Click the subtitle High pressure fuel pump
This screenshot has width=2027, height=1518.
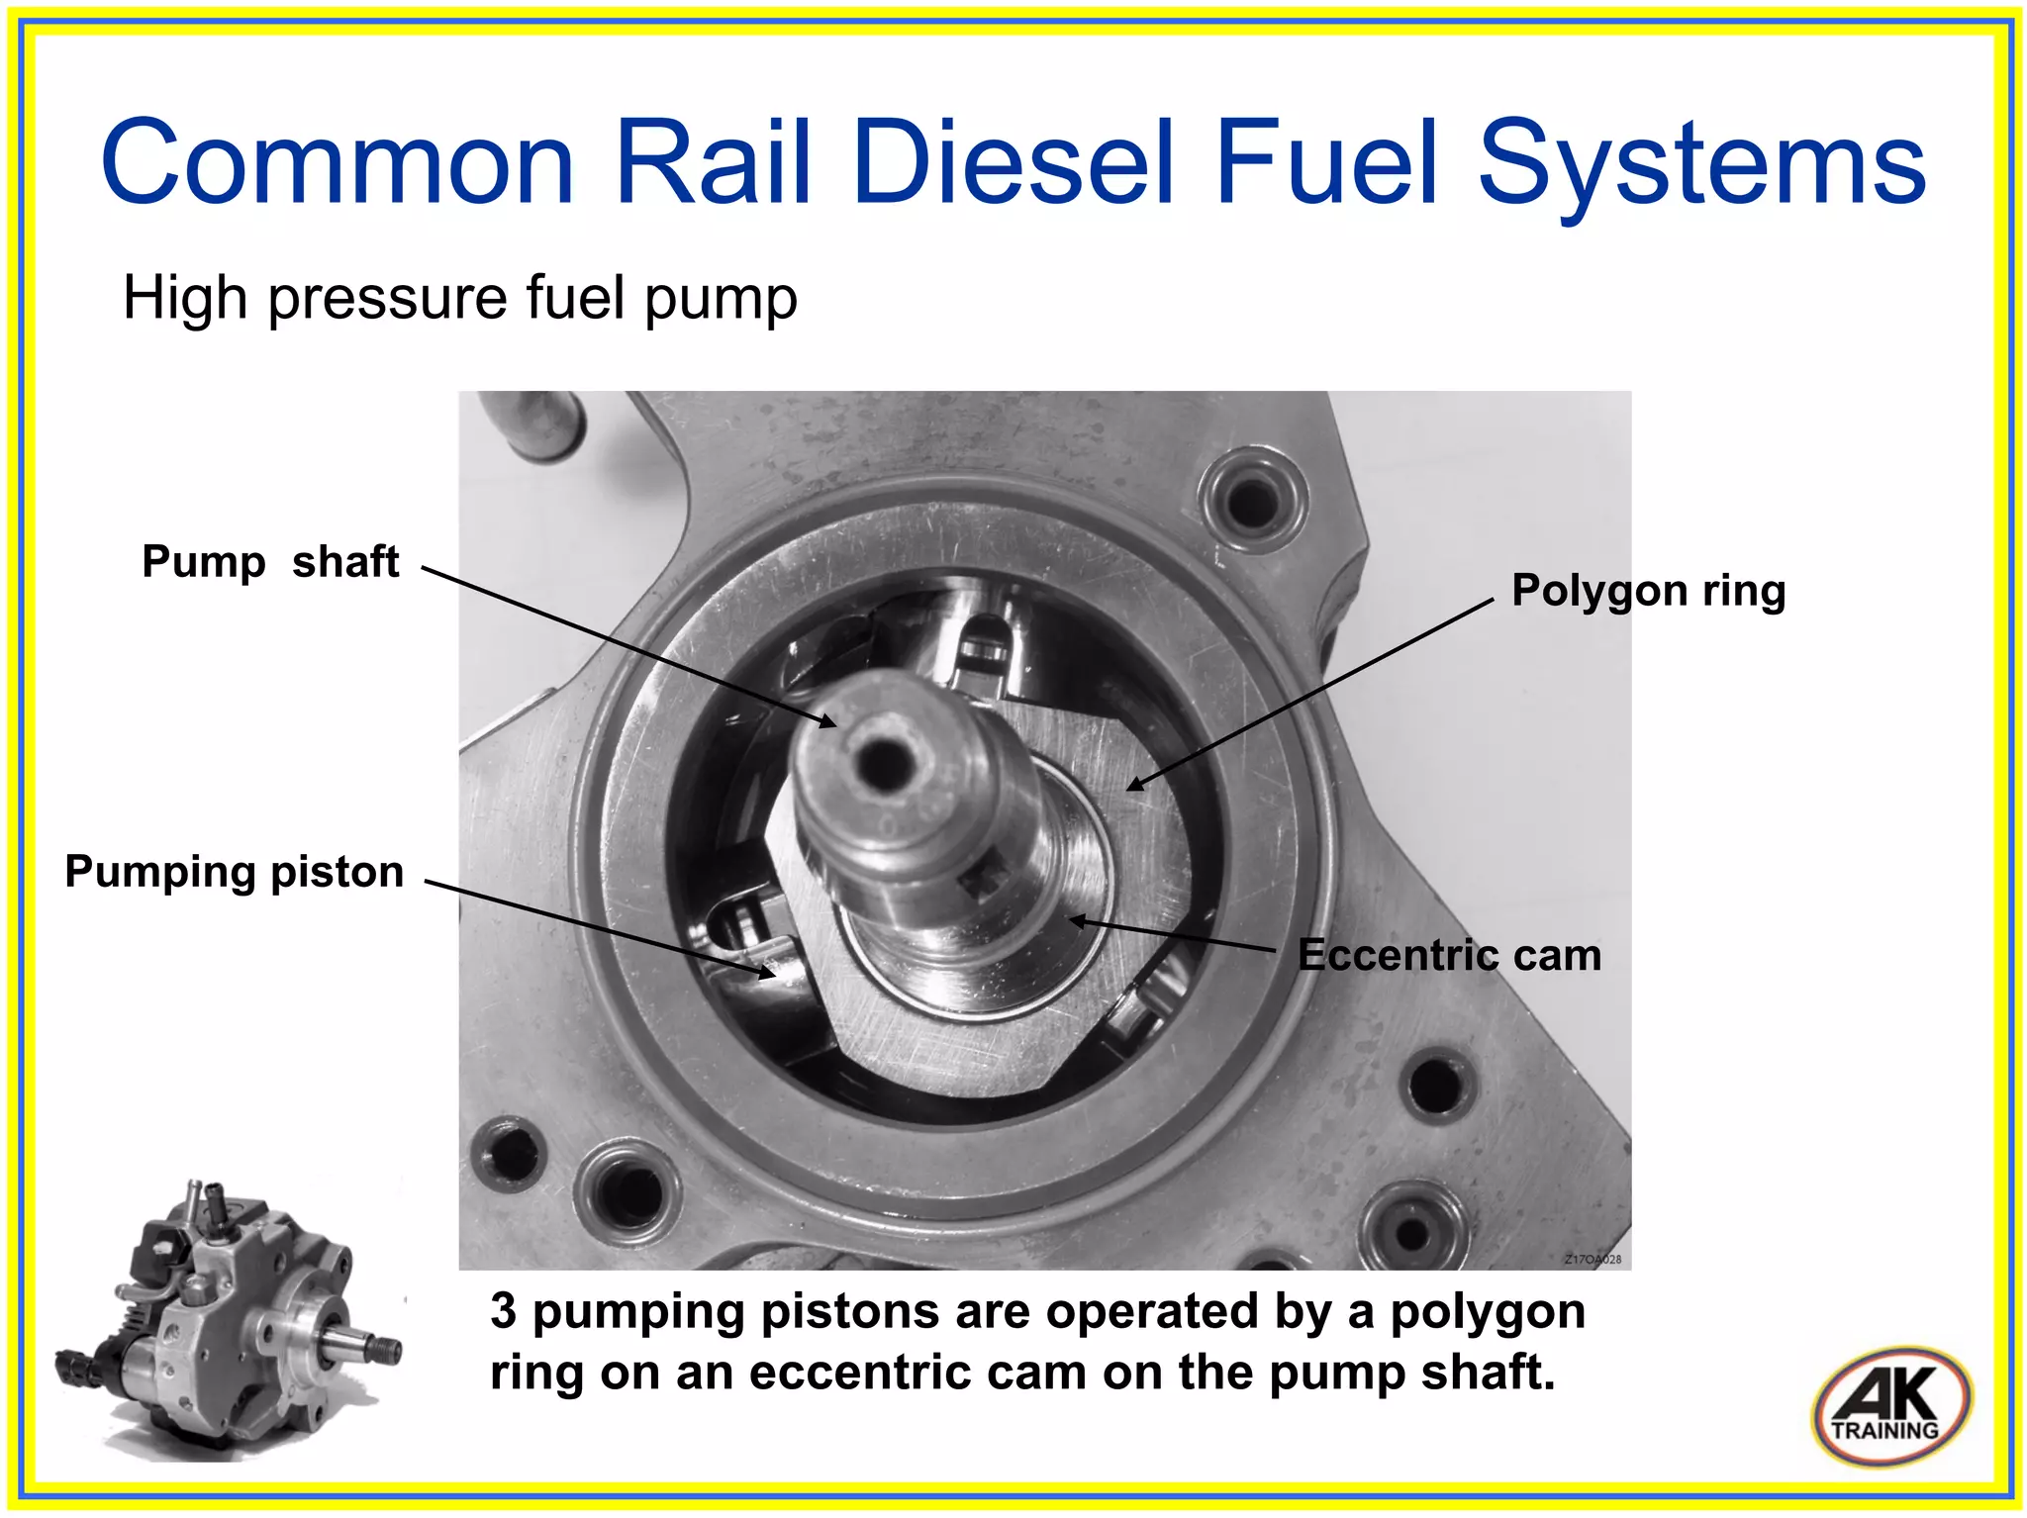click(x=459, y=298)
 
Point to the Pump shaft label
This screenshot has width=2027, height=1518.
click(x=270, y=562)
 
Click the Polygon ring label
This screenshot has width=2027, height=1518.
click(x=1648, y=591)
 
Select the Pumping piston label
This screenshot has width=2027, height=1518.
click(x=234, y=872)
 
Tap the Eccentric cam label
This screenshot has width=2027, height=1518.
click(x=1449, y=955)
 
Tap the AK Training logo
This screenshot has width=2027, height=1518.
click(x=1890, y=1406)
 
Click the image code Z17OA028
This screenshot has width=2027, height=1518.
click(x=1593, y=1260)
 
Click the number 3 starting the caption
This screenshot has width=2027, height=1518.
click(x=503, y=1312)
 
